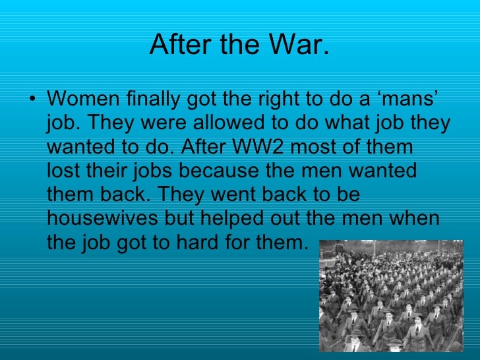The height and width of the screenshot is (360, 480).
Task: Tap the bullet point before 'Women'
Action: pyautogui.click(x=34, y=100)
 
